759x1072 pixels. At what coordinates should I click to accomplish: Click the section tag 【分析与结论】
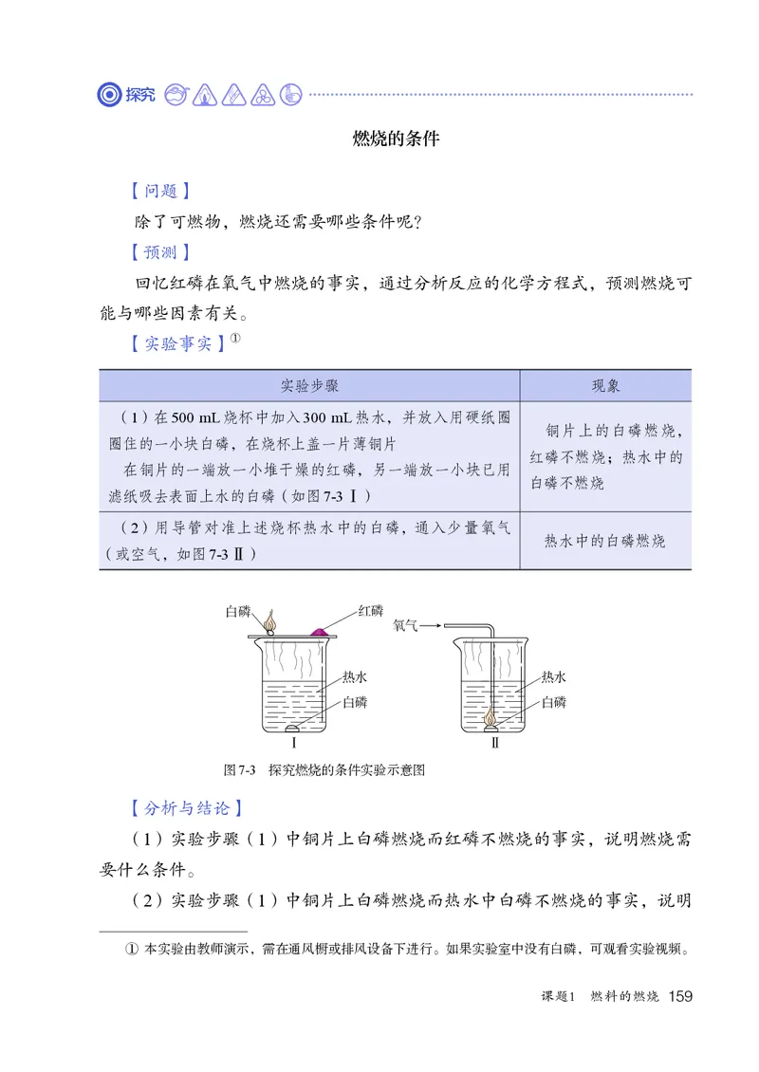[186, 808]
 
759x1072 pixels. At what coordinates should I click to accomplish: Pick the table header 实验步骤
[309, 386]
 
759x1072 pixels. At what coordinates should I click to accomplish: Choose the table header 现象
[605, 386]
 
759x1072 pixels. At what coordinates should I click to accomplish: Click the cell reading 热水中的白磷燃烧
[605, 541]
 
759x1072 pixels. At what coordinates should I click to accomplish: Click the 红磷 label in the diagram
[370, 610]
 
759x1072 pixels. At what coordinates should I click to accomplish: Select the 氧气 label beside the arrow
[405, 625]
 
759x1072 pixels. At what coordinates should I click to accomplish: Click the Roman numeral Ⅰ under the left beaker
[294, 743]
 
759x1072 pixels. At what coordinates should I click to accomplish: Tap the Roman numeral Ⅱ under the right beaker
[494, 743]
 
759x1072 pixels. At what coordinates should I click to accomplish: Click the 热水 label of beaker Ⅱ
[553, 677]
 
